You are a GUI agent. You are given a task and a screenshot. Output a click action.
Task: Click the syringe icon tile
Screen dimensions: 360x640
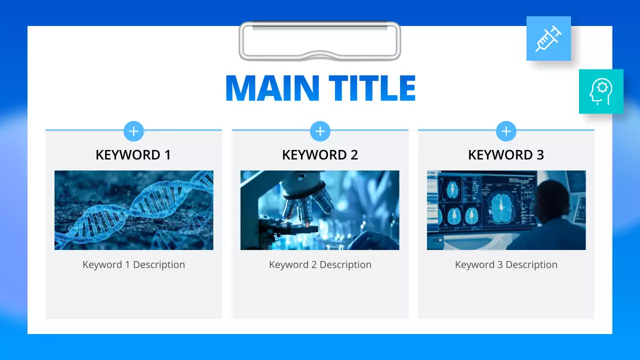(x=548, y=38)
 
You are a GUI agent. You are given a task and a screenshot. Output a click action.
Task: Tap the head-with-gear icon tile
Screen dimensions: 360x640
(x=601, y=91)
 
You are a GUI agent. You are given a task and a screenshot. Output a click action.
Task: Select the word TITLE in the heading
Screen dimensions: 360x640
(x=372, y=88)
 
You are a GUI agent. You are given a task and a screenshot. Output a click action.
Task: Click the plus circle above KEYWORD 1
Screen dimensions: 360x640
(x=133, y=131)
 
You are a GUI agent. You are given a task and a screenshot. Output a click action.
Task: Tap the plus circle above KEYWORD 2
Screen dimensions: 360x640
(x=320, y=131)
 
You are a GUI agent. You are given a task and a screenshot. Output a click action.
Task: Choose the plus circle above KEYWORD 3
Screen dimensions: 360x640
(x=506, y=131)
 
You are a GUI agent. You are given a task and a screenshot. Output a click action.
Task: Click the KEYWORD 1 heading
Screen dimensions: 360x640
(x=133, y=155)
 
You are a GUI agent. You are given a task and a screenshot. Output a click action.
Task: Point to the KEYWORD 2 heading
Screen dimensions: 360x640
(x=320, y=155)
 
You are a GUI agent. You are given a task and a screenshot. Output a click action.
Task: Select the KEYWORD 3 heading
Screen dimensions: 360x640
(x=506, y=155)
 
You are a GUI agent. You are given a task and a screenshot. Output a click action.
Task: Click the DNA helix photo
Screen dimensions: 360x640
(x=133, y=210)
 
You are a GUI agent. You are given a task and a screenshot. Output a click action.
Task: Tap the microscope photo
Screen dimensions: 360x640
(x=320, y=210)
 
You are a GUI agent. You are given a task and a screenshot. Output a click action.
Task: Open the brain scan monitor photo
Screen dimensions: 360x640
(x=506, y=210)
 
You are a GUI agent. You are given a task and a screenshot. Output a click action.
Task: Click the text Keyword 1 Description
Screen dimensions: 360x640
(x=133, y=264)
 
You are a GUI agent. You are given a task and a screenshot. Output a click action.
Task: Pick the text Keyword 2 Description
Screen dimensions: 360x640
(x=320, y=264)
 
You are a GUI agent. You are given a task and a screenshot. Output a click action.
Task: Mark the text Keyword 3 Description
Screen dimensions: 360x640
(x=506, y=264)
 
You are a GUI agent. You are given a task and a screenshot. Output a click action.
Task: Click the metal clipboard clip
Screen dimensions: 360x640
(x=320, y=41)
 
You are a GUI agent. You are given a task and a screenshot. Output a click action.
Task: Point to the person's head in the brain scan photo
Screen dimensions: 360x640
(x=553, y=197)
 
